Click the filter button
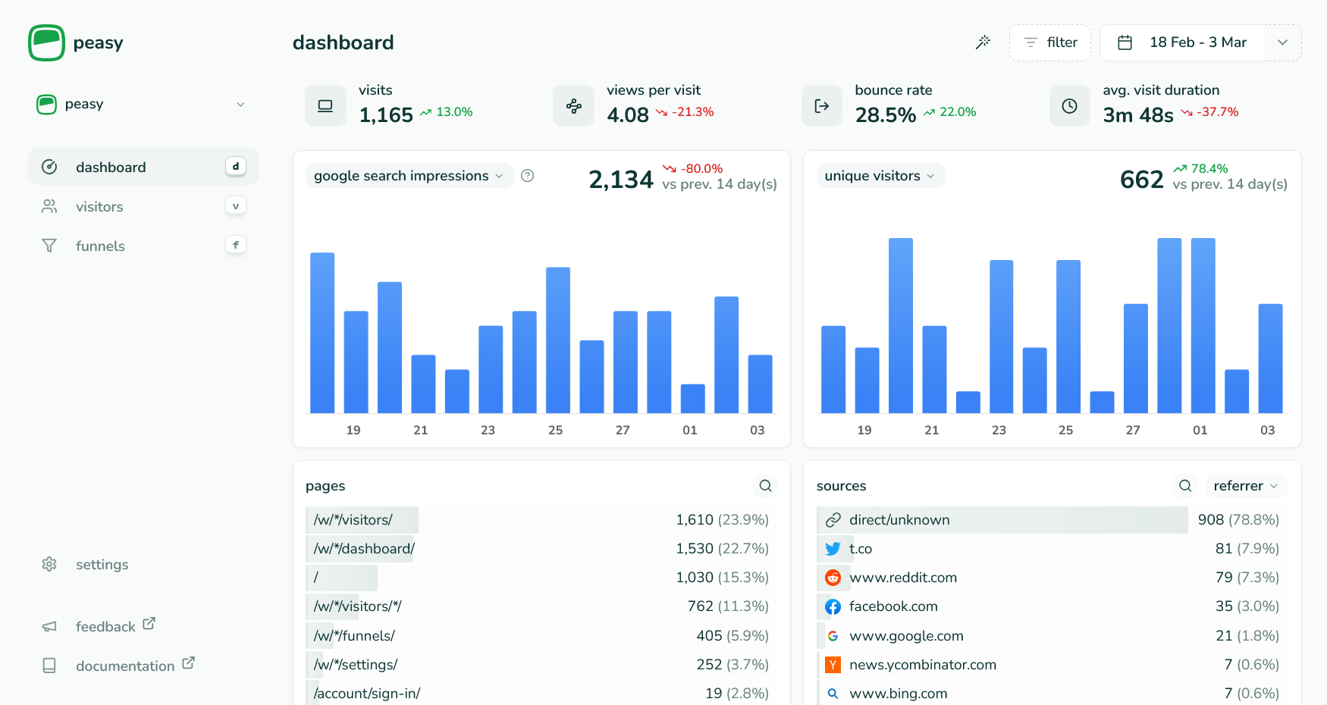click(x=1049, y=42)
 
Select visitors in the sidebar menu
click(x=99, y=206)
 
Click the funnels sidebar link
click(x=100, y=246)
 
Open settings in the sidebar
click(x=102, y=564)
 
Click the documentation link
click(x=125, y=666)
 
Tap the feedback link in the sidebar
click(x=105, y=626)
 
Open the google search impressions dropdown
click(x=409, y=176)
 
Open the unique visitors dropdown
click(x=880, y=176)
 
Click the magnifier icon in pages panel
click(x=765, y=486)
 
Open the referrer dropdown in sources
click(x=1245, y=486)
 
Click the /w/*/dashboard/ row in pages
click(x=365, y=548)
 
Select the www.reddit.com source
click(x=902, y=577)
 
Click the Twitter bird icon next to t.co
click(x=833, y=548)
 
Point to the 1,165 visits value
click(x=386, y=115)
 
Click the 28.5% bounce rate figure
click(x=885, y=115)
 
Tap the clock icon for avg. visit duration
click(x=1069, y=106)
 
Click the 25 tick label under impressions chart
click(x=555, y=430)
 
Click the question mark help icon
click(x=528, y=176)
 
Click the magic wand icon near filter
click(x=983, y=42)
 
